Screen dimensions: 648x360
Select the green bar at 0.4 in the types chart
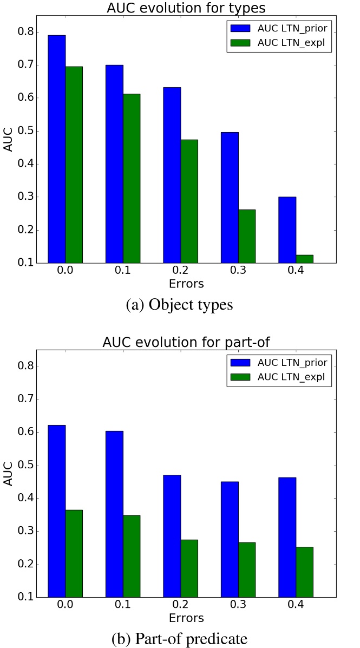click(304, 259)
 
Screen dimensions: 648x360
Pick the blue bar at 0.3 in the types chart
click(230, 198)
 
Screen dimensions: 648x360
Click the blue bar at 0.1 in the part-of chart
click(114, 514)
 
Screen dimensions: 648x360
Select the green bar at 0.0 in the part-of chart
click(74, 553)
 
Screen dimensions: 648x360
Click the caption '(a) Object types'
click(179, 305)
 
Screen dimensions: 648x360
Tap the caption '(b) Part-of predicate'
click(179, 639)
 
